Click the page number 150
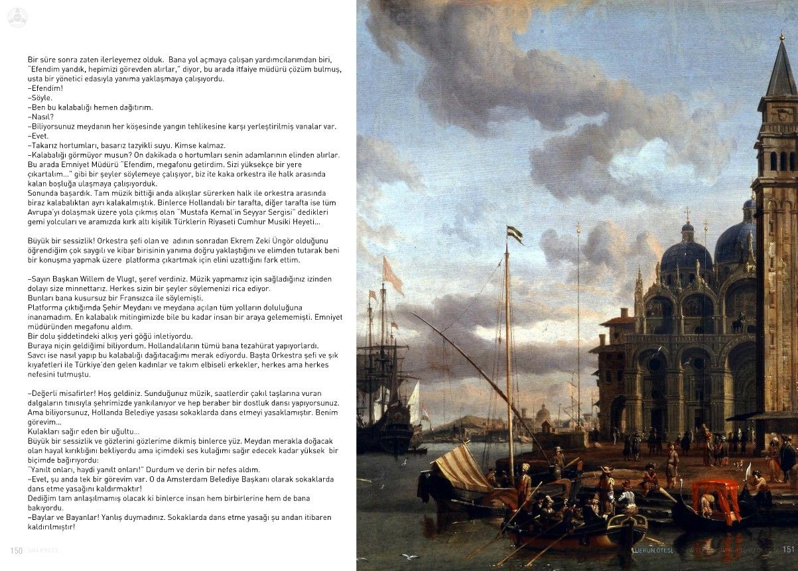[x=17, y=550]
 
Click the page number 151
[x=788, y=549]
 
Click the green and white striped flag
[x=515, y=234]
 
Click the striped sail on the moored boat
[x=464, y=466]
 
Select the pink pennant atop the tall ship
[x=393, y=275]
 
